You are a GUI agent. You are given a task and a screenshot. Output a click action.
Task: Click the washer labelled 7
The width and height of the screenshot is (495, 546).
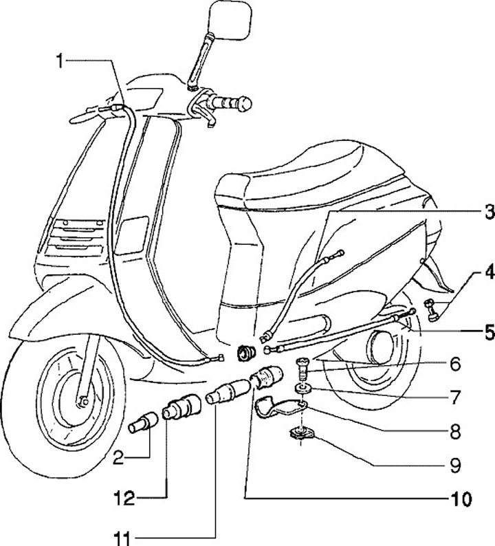coord(302,390)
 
